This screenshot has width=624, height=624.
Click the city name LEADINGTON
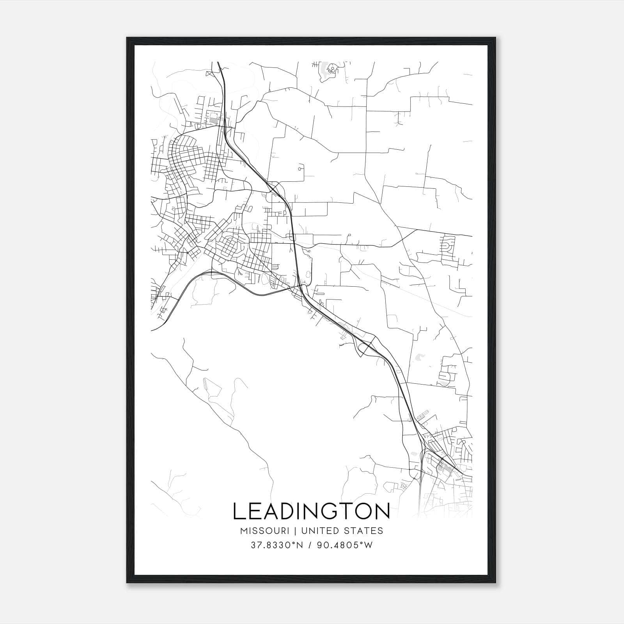311,511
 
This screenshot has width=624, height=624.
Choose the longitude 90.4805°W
344,545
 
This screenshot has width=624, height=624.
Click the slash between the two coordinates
310,545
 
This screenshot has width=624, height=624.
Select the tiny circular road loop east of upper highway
300,169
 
